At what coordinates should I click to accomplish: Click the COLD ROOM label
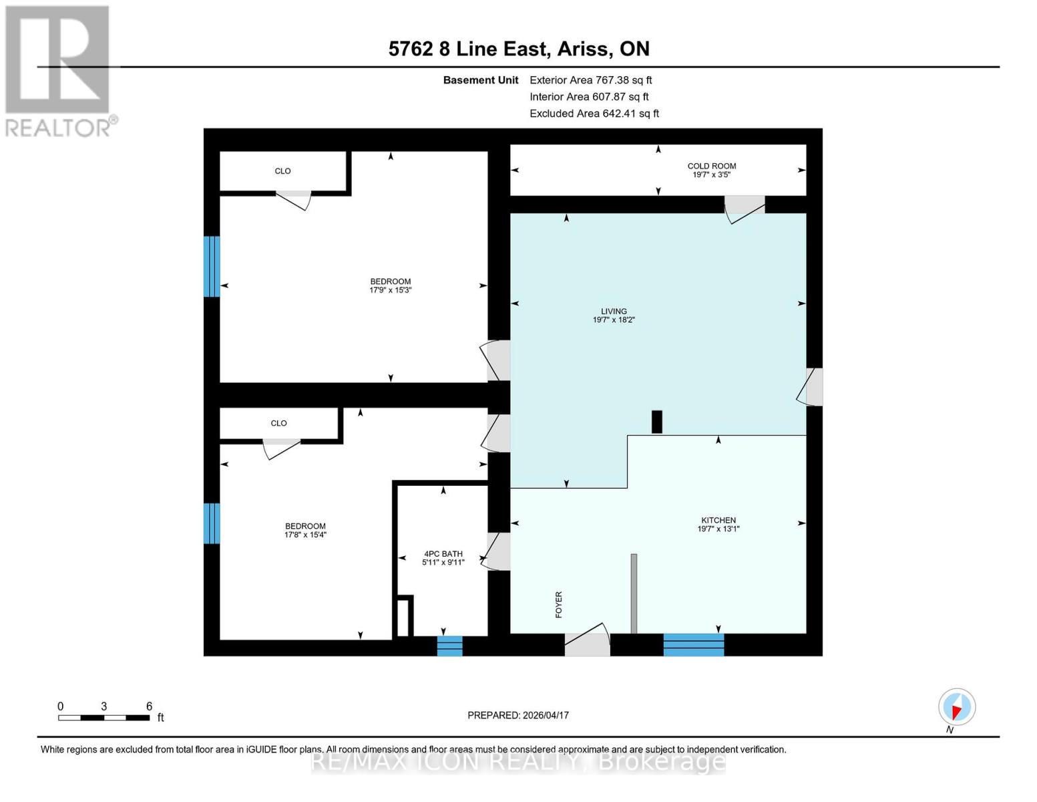click(712, 166)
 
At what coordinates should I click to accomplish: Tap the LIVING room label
click(614, 311)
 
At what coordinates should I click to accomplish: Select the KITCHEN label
click(718, 521)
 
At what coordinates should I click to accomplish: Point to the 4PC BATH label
click(443, 554)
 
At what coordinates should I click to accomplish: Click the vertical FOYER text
click(559, 604)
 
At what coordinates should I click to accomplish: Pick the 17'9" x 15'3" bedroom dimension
click(391, 291)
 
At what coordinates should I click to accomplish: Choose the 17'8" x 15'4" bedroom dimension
click(305, 535)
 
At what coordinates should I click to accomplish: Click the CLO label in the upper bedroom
click(282, 171)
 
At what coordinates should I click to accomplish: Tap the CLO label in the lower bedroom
click(278, 424)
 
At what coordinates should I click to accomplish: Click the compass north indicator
click(956, 707)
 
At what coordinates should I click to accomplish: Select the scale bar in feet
click(103, 718)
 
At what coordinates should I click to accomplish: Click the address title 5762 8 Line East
click(519, 49)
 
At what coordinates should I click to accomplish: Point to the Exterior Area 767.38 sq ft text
click(590, 80)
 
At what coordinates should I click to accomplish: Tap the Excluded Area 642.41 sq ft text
click(594, 114)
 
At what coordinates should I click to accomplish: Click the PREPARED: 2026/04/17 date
click(518, 715)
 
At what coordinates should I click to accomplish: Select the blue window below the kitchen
click(693, 645)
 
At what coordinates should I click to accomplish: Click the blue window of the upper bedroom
click(212, 266)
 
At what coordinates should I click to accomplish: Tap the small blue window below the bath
click(449, 646)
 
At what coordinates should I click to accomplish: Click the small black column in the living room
click(657, 422)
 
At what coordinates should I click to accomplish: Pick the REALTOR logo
click(59, 70)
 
